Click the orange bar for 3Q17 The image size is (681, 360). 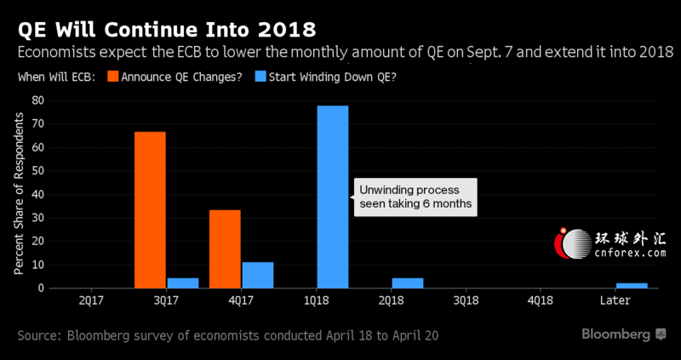(x=150, y=209)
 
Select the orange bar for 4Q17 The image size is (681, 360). (x=225, y=249)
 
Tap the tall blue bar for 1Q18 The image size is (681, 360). (x=333, y=197)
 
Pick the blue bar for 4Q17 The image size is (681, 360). (x=258, y=275)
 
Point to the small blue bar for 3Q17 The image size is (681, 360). (x=183, y=283)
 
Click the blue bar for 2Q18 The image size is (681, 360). (x=408, y=283)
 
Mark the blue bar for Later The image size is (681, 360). (x=632, y=285)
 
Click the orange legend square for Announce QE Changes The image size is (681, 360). (x=113, y=77)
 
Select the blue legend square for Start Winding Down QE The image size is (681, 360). (x=260, y=77)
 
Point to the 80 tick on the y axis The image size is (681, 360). (x=37, y=100)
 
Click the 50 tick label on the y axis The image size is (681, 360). (x=37, y=171)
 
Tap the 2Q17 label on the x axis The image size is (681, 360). (x=91, y=300)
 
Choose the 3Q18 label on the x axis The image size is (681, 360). (x=466, y=300)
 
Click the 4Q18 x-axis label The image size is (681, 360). (x=541, y=300)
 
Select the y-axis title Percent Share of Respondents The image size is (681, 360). (x=19, y=193)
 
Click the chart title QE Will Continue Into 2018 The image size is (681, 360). (x=166, y=30)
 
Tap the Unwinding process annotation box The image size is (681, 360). (x=415, y=197)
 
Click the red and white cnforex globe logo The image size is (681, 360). (x=573, y=243)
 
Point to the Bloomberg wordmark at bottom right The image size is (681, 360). (x=615, y=334)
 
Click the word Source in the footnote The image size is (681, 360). (x=37, y=335)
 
